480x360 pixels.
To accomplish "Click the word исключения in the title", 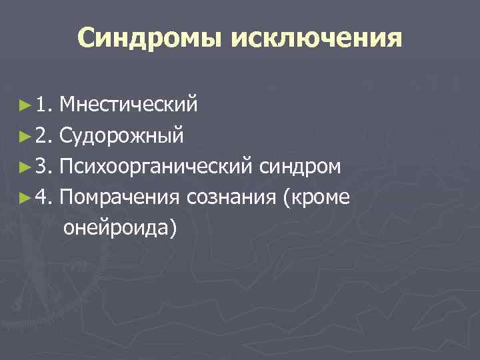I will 317,39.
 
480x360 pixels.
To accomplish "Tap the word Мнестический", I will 128,105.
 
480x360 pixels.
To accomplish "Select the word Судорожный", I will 121,136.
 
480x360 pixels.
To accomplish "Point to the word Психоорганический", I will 155,167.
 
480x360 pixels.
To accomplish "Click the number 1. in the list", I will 44,105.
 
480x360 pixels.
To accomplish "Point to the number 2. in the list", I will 44,136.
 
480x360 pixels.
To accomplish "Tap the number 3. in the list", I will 44,167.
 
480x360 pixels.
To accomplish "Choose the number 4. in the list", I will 44,197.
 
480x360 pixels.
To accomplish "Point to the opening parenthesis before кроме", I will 287,198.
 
